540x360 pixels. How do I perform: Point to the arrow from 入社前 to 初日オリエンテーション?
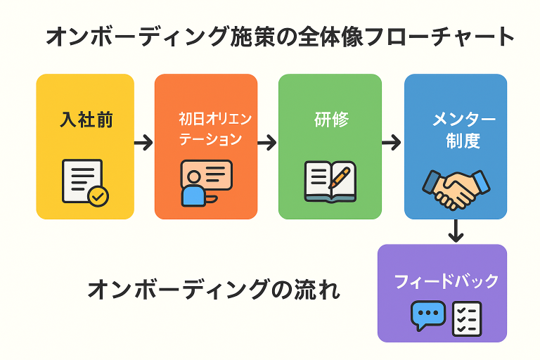pos(143,143)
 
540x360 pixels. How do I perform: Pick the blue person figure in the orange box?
pos(193,193)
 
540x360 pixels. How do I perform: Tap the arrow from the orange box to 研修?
pos(267,143)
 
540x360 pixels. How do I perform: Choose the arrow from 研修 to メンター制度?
pos(392,143)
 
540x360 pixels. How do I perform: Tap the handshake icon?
pos(456,186)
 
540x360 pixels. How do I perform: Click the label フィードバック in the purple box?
pos(446,281)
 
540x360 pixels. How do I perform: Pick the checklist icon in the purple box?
pos(466,318)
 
